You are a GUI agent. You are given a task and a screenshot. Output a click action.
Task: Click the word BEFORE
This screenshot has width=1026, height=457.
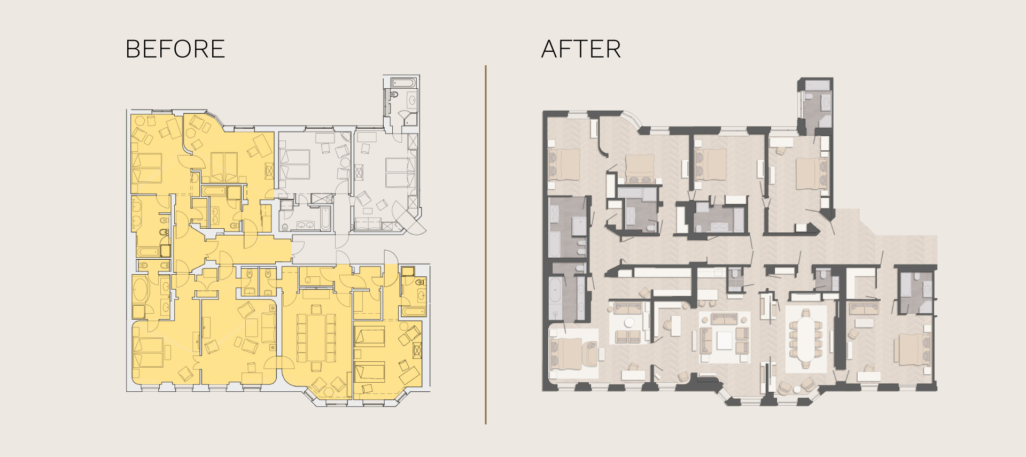pos(175,49)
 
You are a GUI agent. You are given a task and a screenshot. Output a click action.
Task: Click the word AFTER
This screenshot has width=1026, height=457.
pos(581,49)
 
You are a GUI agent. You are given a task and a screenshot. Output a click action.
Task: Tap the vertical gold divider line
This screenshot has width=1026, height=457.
pos(486,245)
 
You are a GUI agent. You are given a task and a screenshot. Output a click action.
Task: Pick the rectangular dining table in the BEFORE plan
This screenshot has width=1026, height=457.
pos(317,338)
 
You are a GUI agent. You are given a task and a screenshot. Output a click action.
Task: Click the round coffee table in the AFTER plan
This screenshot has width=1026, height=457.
pos(629,322)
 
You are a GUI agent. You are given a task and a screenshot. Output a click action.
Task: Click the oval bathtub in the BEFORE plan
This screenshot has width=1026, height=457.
pos(142,289)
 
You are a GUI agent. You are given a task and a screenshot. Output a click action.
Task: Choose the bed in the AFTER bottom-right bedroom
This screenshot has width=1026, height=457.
pos(914,349)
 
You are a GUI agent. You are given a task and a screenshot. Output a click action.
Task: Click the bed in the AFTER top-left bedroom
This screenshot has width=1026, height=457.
pos(564,164)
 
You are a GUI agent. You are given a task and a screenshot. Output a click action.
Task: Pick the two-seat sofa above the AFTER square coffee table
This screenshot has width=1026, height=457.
pos(724,319)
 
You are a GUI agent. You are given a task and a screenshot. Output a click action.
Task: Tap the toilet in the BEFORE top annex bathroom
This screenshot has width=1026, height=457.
pos(394,95)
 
